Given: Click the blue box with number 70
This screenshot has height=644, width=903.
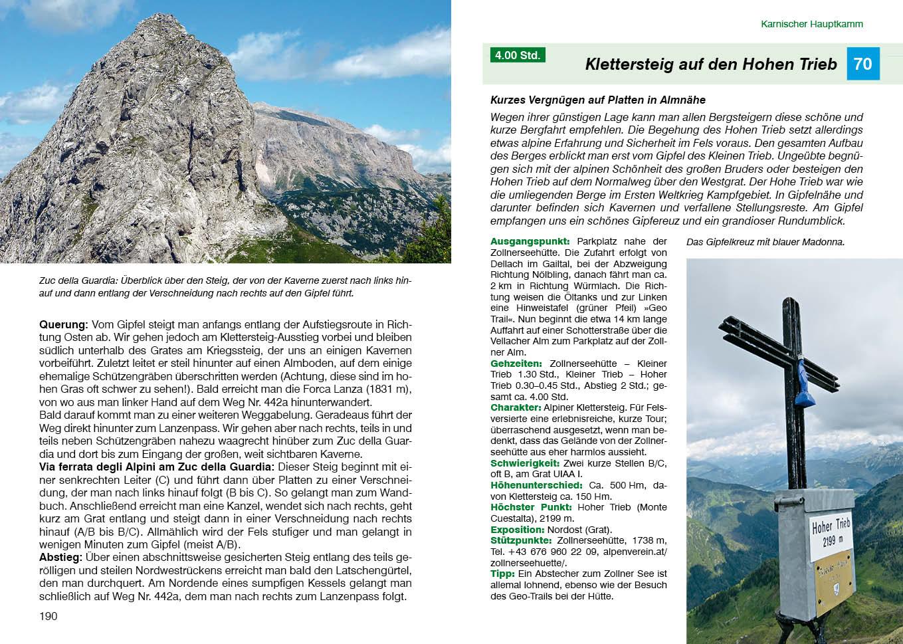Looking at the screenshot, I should tap(862, 64).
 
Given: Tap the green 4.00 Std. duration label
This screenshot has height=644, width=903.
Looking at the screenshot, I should tap(518, 55).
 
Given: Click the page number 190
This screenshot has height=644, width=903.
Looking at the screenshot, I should tap(49, 616).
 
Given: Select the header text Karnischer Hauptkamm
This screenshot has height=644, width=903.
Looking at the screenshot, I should tap(811, 24).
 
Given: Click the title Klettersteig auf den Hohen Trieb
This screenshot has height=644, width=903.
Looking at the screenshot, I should tap(710, 64).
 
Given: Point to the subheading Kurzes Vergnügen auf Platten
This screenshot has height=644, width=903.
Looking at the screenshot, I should tap(597, 100).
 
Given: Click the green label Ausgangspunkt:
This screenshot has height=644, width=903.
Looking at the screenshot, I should tap(530, 242).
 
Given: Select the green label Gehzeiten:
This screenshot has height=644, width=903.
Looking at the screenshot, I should tap(516, 364).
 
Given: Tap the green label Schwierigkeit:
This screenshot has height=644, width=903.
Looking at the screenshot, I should tap(524, 463).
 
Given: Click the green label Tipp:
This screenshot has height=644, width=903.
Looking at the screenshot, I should tap(502, 574).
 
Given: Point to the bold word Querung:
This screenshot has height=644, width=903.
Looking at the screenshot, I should tap(63, 324).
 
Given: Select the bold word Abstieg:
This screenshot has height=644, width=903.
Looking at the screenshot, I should tap(60, 557).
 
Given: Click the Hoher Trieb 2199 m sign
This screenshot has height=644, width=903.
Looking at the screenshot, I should tap(831, 533).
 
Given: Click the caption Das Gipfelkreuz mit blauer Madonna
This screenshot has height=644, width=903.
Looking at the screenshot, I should tap(765, 242).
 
